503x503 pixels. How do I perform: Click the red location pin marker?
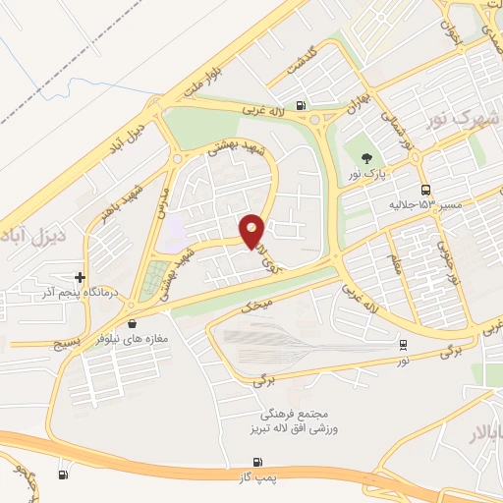(252, 230)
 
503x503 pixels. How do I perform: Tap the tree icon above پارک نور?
(366, 157)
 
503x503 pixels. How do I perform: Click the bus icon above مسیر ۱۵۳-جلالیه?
(424, 190)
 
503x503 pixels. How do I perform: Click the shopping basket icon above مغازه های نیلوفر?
(132, 322)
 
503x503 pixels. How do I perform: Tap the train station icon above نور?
(403, 345)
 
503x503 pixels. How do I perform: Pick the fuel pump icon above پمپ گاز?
(258, 462)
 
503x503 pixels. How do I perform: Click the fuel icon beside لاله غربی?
(299, 106)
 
